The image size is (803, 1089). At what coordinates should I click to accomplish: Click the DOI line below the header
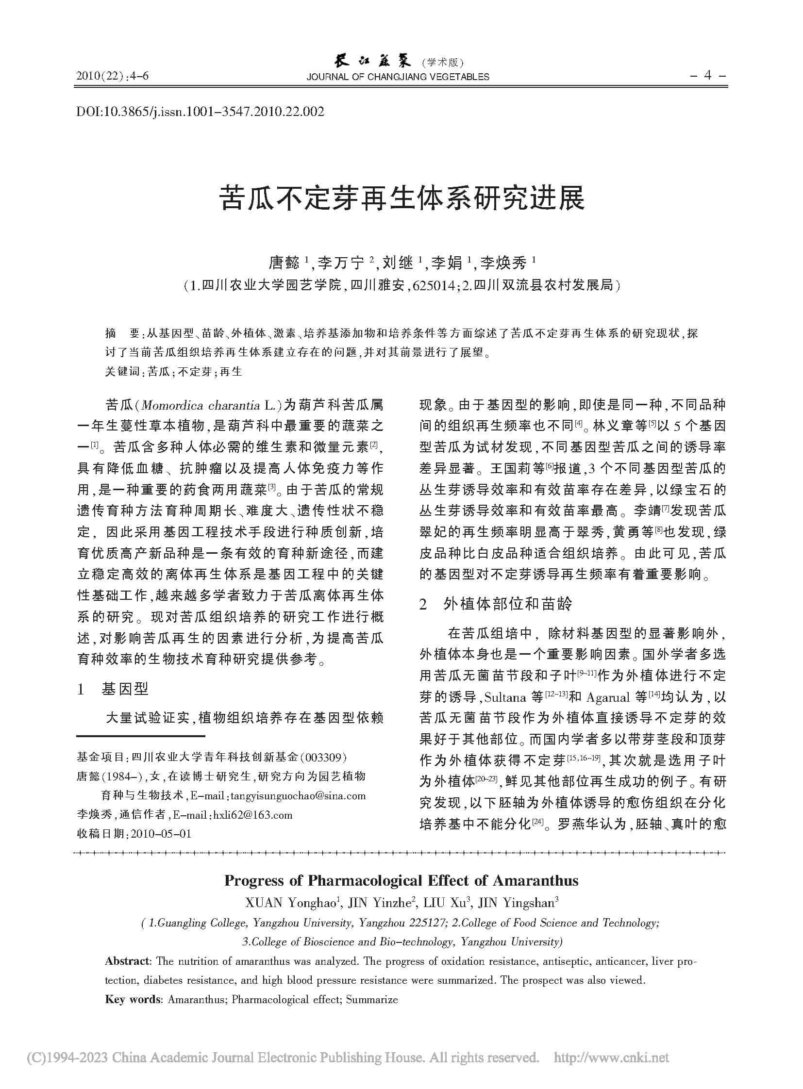point(200,112)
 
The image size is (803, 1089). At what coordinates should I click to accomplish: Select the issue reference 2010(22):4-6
point(113,76)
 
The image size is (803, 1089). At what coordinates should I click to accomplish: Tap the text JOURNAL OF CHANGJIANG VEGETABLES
point(398,77)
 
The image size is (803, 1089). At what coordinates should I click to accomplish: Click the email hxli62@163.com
point(253,814)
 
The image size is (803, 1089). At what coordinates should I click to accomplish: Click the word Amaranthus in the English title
point(535,880)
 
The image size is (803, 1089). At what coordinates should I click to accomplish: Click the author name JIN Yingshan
point(517,903)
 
